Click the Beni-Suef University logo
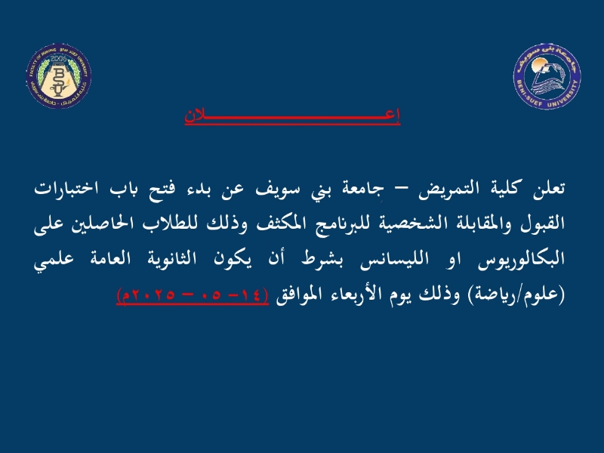pos(547,77)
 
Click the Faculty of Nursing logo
pos(59,76)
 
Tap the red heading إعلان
pos(292,116)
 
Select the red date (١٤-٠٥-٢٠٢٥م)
pos(193,295)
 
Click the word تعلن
pos(549,188)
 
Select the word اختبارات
pos(66,188)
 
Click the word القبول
pos(543,224)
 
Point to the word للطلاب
pos(169,223)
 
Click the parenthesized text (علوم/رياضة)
pos(516,295)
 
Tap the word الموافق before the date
pos(293,295)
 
